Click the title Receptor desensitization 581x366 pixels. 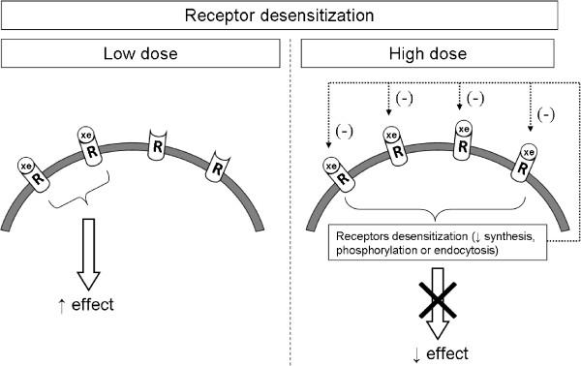289,15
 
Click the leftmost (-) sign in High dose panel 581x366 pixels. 344,132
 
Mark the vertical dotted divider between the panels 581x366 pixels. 290,194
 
